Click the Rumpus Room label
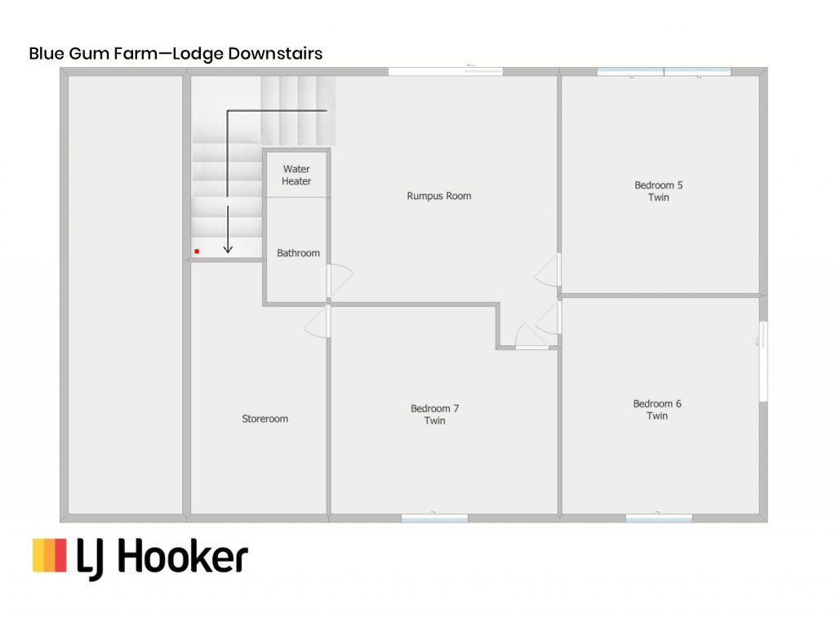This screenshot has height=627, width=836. click(x=438, y=196)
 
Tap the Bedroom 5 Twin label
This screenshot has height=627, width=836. click(x=659, y=191)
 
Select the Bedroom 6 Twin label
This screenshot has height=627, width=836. click(x=657, y=410)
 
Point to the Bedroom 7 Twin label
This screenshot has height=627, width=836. click(x=434, y=414)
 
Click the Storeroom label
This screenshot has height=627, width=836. click(x=265, y=419)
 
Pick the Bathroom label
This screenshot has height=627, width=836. click(x=298, y=253)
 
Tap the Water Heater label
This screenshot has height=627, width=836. click(x=296, y=175)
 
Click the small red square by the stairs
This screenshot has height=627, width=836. click(x=197, y=251)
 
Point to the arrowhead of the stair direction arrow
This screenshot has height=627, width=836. click(x=228, y=249)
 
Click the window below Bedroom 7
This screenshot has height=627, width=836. click(x=434, y=518)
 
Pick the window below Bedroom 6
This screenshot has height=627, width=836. click(x=659, y=518)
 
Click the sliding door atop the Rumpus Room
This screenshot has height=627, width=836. click(x=445, y=71)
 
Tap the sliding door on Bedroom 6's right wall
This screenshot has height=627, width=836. click(x=763, y=361)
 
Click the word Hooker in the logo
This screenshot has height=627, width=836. click(x=182, y=557)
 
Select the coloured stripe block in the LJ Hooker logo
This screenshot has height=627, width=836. click(x=50, y=555)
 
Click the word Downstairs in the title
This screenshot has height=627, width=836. click(x=275, y=53)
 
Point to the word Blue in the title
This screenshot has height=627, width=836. click(x=47, y=53)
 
